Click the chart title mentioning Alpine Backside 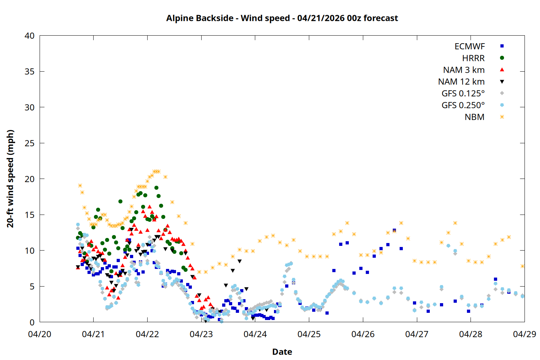[x=282, y=18]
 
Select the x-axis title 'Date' [x=282, y=352]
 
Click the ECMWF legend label [x=469, y=46]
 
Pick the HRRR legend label [x=473, y=58]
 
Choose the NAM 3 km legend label [x=464, y=70]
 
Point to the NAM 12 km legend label [x=461, y=82]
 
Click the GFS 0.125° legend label [x=463, y=94]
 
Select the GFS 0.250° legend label [x=463, y=105]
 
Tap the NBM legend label [x=474, y=117]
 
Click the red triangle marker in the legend [x=502, y=69]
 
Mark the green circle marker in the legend [x=502, y=58]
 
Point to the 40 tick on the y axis [x=30, y=36]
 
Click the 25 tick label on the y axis [x=30, y=143]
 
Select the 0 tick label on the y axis [x=32, y=322]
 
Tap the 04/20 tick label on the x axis [x=40, y=334]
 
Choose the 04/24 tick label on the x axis [x=255, y=334]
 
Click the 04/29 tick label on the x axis [x=524, y=334]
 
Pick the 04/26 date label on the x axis [x=363, y=334]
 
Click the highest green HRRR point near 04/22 [x=156, y=188]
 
